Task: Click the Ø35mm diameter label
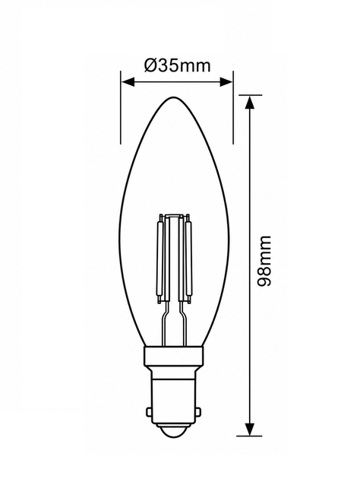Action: (x=178, y=65)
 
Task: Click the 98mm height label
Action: (x=264, y=261)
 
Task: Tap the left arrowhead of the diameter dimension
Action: (x=128, y=81)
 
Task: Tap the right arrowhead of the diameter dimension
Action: (x=226, y=81)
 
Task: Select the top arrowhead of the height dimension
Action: (x=250, y=102)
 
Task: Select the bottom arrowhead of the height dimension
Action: (x=250, y=429)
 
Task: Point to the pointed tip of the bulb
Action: (x=174, y=97)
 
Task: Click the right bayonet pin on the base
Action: (x=198, y=411)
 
